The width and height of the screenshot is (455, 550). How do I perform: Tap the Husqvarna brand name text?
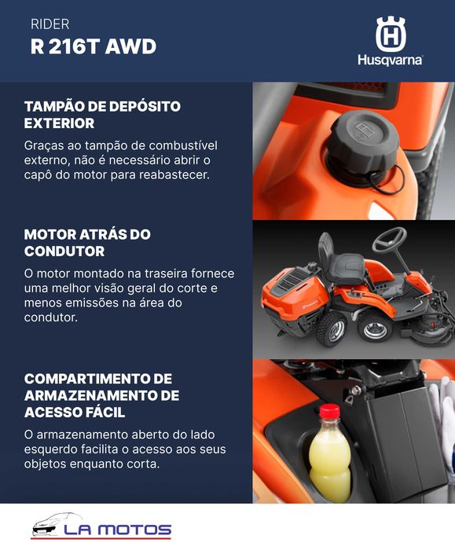point(390,60)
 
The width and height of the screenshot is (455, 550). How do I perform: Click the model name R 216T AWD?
point(93,46)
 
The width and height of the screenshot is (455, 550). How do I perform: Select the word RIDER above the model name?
point(50,24)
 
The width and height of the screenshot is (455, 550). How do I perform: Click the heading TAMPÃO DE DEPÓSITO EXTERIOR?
point(102,115)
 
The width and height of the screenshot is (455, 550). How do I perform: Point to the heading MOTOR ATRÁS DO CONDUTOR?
point(87,243)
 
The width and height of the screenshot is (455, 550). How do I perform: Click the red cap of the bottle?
point(329,411)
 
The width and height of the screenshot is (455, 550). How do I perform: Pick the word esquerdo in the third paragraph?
point(55,449)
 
